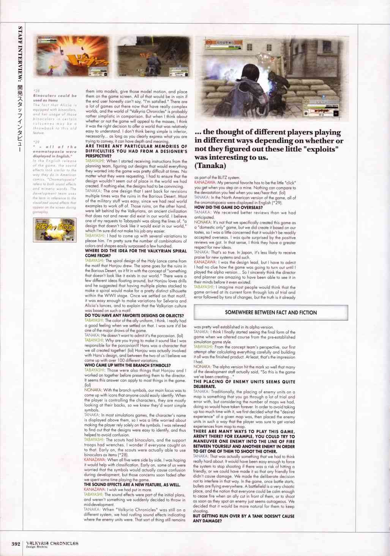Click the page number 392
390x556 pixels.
(15, 543)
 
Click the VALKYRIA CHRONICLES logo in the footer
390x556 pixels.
(52, 542)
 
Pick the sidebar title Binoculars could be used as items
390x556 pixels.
(55, 98)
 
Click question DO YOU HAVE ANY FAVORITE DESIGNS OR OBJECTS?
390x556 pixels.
(134, 316)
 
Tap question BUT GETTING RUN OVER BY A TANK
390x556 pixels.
(243, 518)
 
